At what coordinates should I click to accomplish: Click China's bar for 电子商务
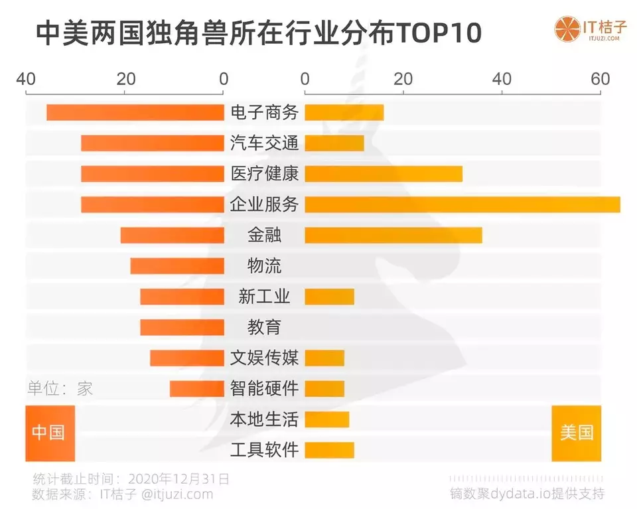(x=135, y=113)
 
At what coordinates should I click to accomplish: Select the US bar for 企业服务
(x=462, y=204)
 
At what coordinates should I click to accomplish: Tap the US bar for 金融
(x=393, y=235)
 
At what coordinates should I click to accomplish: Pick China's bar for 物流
(x=177, y=266)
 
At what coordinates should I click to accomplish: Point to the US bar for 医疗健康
(x=384, y=174)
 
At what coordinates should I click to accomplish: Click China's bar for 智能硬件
(x=197, y=388)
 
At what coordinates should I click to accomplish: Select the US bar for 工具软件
(x=329, y=450)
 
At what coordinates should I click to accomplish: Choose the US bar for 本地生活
(x=326, y=419)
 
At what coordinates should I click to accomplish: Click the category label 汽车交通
(x=264, y=143)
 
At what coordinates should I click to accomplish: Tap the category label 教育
(x=264, y=327)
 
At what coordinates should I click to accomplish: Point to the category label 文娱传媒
(x=264, y=358)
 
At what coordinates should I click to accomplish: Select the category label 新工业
(x=264, y=297)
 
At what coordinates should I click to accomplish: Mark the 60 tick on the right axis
(x=601, y=79)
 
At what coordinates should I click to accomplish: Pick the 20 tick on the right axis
(x=403, y=79)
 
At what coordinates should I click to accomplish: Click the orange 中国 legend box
(x=50, y=433)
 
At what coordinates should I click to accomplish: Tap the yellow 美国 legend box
(x=576, y=433)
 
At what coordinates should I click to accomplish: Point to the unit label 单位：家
(x=60, y=389)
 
